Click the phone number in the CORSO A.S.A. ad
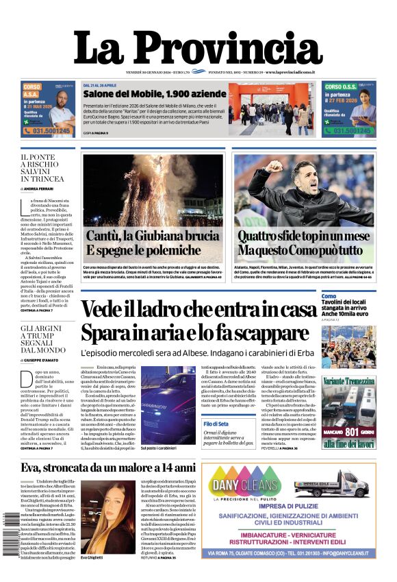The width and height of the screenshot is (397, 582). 48,131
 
